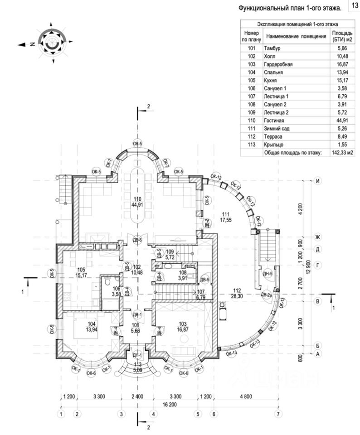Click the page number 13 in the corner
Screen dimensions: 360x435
[x=355, y=5]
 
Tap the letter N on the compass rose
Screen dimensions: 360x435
[x=33, y=44]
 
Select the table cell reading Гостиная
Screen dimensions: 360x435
[x=274, y=121]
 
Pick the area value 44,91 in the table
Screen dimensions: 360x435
[x=342, y=121]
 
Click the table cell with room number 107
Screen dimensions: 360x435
[x=252, y=97]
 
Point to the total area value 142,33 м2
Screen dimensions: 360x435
[x=342, y=153]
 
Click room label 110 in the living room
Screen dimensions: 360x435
[x=137, y=199]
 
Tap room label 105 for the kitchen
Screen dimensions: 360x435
[x=81, y=270]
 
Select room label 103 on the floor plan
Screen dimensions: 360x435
[x=183, y=324]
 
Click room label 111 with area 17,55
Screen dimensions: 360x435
[x=225, y=214]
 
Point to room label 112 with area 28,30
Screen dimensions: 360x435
[x=237, y=290]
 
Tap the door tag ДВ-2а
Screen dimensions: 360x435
[x=266, y=295]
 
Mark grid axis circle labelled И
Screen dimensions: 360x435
[x=317, y=181]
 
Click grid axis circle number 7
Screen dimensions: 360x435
[x=278, y=414]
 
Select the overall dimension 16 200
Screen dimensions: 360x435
[x=169, y=405]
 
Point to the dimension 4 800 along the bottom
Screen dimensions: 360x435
[x=246, y=396]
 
